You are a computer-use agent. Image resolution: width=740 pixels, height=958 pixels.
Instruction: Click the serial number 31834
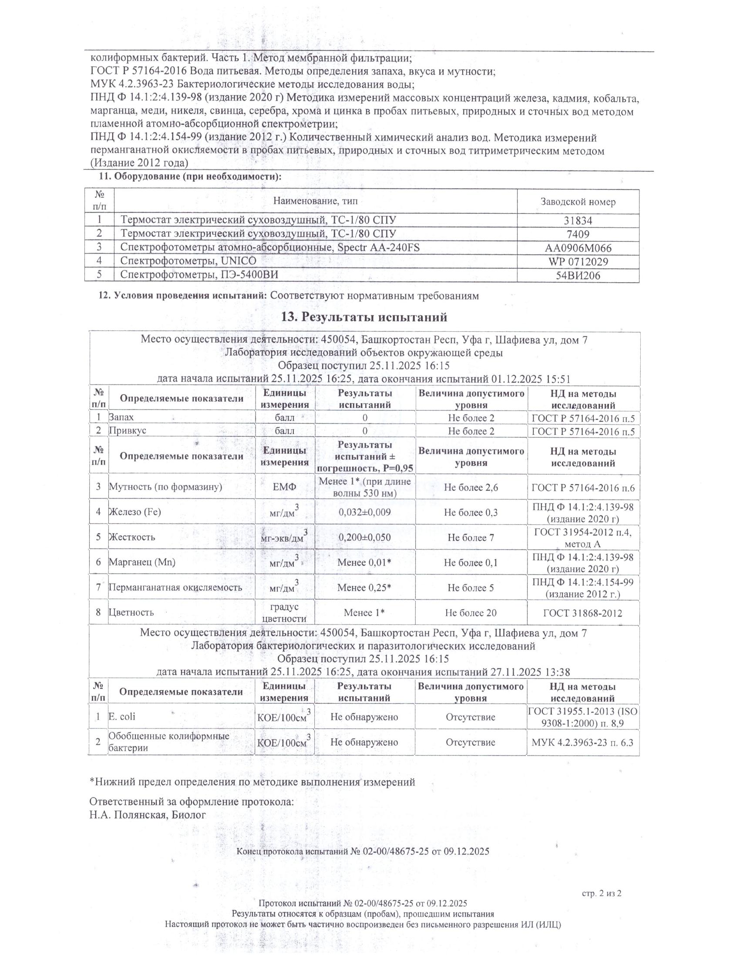pyautogui.click(x=578, y=221)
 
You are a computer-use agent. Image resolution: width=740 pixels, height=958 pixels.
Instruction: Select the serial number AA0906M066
pyautogui.click(x=578, y=248)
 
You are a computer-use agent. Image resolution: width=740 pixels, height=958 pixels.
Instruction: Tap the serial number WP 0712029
pyautogui.click(x=578, y=262)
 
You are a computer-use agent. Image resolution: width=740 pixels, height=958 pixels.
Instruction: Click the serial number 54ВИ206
pyautogui.click(x=578, y=276)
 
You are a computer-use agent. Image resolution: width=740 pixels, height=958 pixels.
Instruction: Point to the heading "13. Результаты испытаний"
pyautogui.click(x=364, y=317)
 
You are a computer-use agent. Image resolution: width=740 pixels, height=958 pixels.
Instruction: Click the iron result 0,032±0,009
pyautogui.click(x=365, y=512)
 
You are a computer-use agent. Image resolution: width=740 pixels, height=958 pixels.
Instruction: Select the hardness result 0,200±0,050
pyautogui.click(x=365, y=537)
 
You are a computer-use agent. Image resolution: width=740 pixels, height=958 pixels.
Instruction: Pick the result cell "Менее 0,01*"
pyautogui.click(x=365, y=562)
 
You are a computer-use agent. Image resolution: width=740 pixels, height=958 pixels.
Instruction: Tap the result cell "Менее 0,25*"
pyautogui.click(x=365, y=587)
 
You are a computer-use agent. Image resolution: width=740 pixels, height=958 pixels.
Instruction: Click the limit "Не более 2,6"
pyautogui.click(x=471, y=487)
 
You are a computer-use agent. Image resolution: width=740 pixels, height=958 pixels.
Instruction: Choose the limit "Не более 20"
pyautogui.click(x=471, y=613)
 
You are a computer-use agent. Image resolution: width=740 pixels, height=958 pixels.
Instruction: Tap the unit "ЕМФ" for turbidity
pyautogui.click(x=285, y=487)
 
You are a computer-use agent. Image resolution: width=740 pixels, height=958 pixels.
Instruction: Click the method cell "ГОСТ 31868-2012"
pyautogui.click(x=582, y=613)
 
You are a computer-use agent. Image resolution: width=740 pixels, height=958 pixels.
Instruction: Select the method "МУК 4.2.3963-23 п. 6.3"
pyautogui.click(x=582, y=742)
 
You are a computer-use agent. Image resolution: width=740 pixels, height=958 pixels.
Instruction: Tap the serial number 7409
pyautogui.click(x=578, y=234)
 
